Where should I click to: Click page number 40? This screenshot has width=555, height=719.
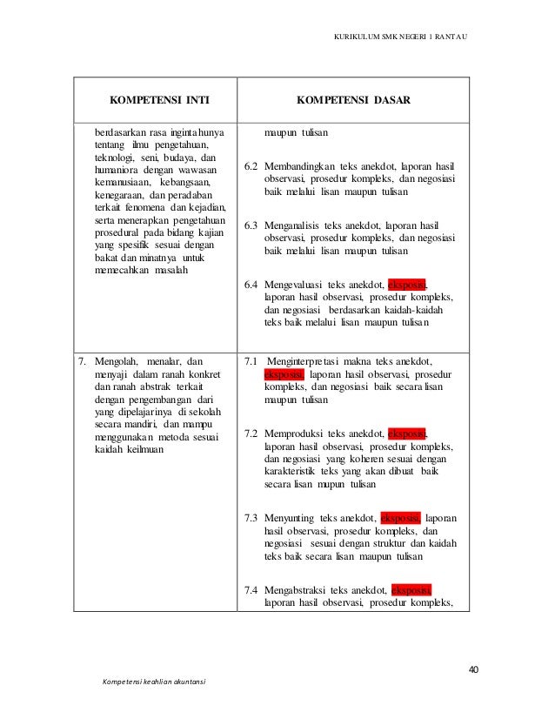coord(473,669)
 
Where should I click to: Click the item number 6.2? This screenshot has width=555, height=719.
coord(251,165)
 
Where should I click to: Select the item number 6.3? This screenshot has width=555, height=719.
coord(251,225)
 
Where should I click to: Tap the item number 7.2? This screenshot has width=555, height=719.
coord(251,433)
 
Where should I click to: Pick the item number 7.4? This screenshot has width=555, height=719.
coord(251,588)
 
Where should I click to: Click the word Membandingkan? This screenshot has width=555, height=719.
coord(298,165)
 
